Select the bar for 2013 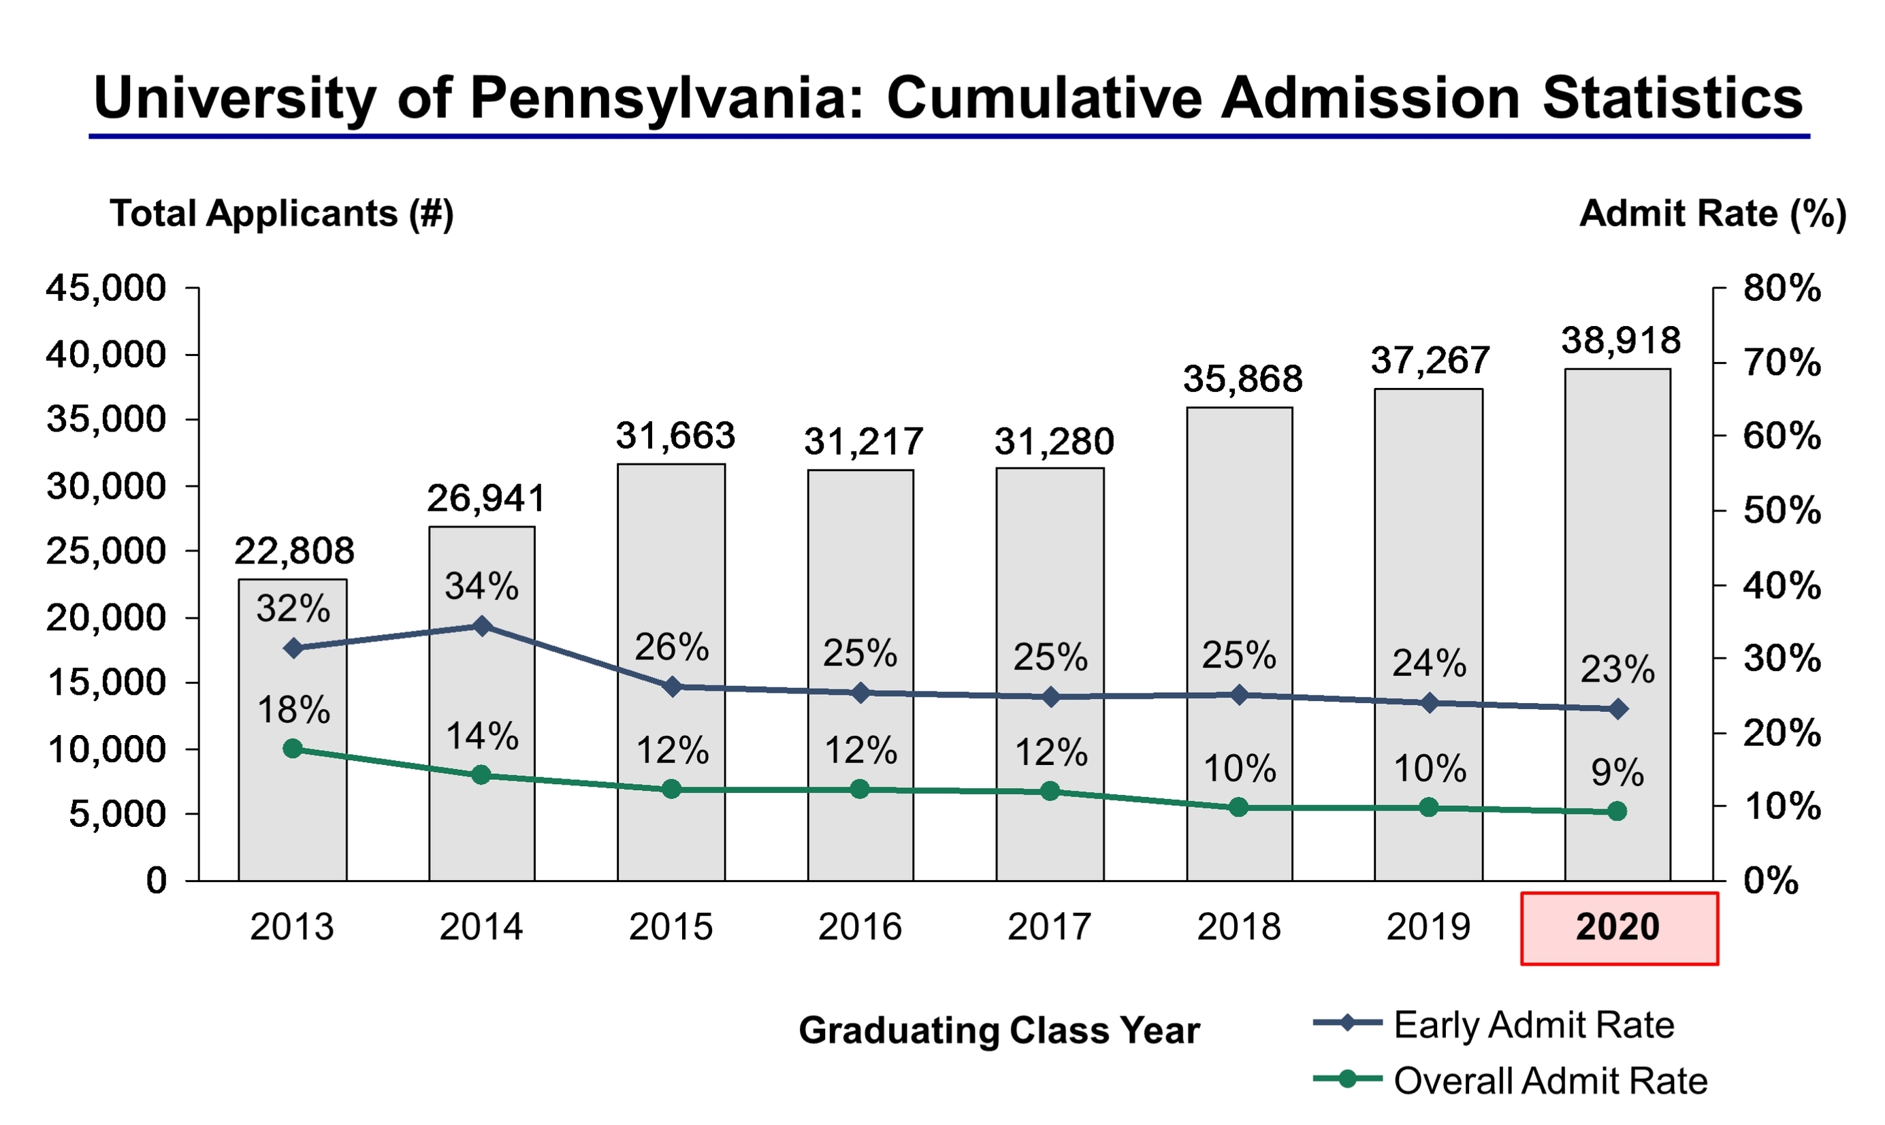(x=293, y=796)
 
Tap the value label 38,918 (x=1620, y=340)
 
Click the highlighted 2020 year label (x=1618, y=927)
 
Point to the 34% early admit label (x=481, y=586)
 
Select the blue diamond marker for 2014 (x=481, y=626)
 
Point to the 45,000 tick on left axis (x=106, y=288)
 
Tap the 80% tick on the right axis (x=1781, y=288)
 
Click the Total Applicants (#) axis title (x=281, y=213)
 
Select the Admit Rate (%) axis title (x=1711, y=213)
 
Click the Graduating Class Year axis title (x=999, y=1030)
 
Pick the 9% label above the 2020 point (x=1617, y=773)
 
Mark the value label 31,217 (x=863, y=442)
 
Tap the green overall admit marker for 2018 (x=1238, y=807)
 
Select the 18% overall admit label (x=293, y=711)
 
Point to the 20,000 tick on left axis (x=106, y=618)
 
